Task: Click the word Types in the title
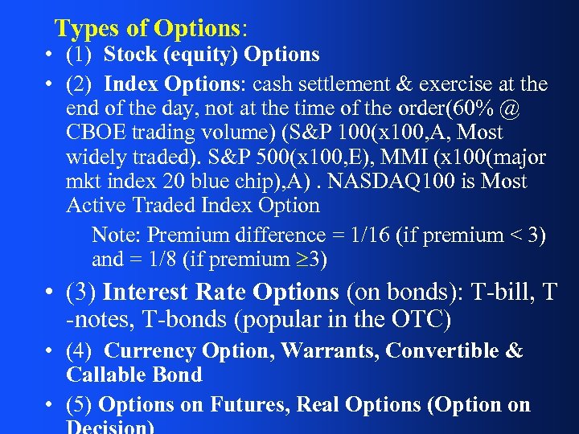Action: tap(87, 29)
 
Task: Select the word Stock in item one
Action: tap(130, 55)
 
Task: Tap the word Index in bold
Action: tap(132, 84)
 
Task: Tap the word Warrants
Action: tap(331, 351)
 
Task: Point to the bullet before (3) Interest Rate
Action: tap(50, 293)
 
